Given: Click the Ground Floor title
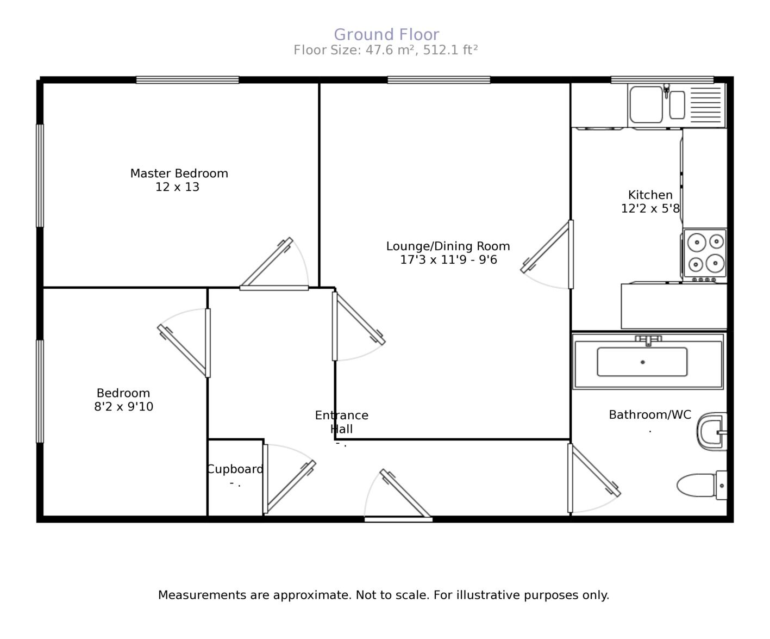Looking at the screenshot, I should point(386,35).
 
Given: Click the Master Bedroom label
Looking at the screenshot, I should point(179,173).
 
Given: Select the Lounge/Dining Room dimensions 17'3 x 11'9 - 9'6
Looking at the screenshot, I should point(448,260).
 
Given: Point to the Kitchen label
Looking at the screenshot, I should point(650,195).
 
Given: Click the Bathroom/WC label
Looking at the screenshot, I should point(649,415).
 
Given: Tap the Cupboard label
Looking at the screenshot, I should point(235,469).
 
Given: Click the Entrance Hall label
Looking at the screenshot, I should point(341,422).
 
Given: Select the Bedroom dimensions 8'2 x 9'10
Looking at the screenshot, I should point(123,407).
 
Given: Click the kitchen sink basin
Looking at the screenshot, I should point(646,105).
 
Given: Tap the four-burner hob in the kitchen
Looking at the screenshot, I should point(705,253).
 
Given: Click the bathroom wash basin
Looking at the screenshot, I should point(712,432).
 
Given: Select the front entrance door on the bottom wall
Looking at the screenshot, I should point(398,519).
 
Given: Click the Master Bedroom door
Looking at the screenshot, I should point(274,288).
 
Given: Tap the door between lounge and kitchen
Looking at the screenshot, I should point(571,254).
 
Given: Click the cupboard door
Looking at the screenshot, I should point(265,479).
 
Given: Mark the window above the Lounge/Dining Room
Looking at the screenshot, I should point(439,80).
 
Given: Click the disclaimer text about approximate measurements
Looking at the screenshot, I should point(383,595).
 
